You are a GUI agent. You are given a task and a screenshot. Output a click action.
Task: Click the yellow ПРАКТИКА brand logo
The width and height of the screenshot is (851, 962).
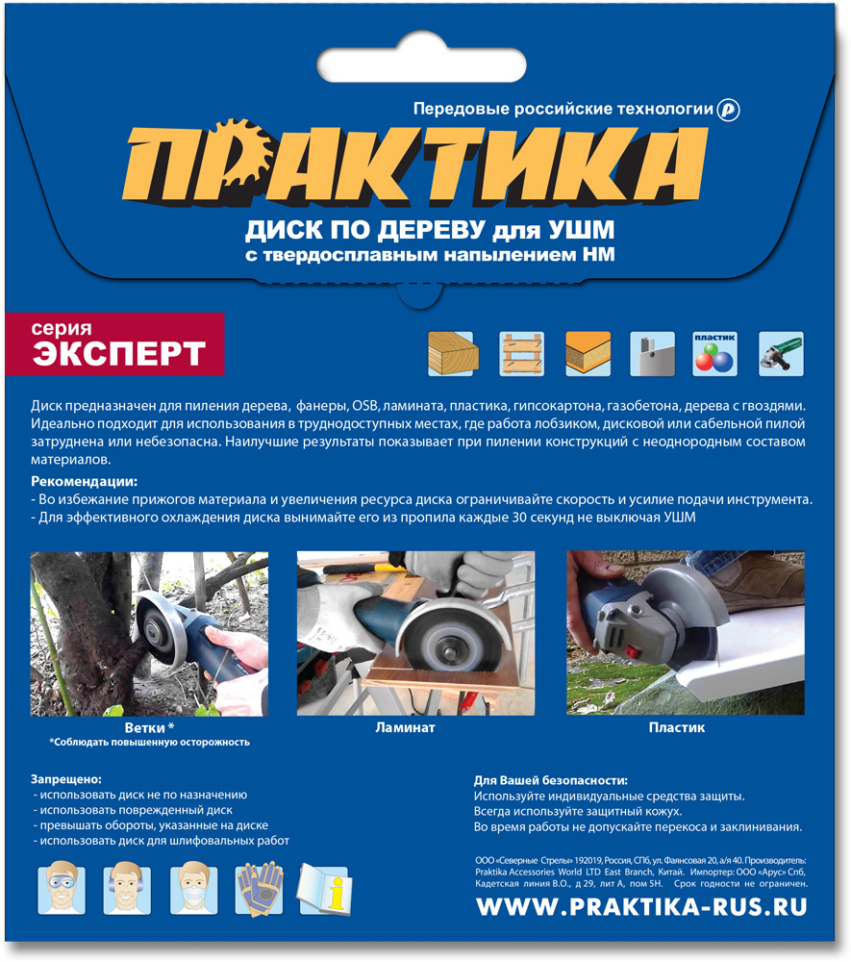pyautogui.click(x=415, y=164)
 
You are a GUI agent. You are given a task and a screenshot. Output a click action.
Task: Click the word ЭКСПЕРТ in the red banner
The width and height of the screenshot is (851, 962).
pyautogui.click(x=119, y=353)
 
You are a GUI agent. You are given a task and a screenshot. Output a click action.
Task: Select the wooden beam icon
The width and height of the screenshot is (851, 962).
pyautogui.click(x=453, y=353)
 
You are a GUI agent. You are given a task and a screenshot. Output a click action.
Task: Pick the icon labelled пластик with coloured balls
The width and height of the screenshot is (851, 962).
pyautogui.click(x=714, y=353)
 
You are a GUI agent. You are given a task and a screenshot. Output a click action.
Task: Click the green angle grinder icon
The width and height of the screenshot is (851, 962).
pyautogui.click(x=781, y=353)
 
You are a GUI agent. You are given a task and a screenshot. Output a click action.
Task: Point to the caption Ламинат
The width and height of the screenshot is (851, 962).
pyautogui.click(x=405, y=727)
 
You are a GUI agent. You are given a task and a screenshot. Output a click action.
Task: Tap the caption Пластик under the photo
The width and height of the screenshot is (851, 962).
pyautogui.click(x=677, y=727)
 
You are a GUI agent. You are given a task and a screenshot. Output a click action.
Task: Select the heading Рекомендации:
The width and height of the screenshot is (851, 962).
pyautogui.click(x=84, y=482)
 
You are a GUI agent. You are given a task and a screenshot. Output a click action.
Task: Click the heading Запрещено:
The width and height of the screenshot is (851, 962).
pyautogui.click(x=66, y=779)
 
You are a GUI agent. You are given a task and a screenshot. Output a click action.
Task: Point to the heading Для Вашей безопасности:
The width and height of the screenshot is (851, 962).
pyautogui.click(x=551, y=780)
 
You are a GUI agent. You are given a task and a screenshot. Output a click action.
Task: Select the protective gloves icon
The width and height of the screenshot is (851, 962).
pyautogui.click(x=260, y=889)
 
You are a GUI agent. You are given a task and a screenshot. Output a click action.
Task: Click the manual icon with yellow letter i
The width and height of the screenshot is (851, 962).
pyautogui.click(x=325, y=889)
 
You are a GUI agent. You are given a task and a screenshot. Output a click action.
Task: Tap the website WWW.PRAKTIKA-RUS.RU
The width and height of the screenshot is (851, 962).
pyautogui.click(x=642, y=907)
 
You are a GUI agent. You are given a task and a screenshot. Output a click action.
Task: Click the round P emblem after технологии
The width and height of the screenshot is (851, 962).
pyautogui.click(x=728, y=110)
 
